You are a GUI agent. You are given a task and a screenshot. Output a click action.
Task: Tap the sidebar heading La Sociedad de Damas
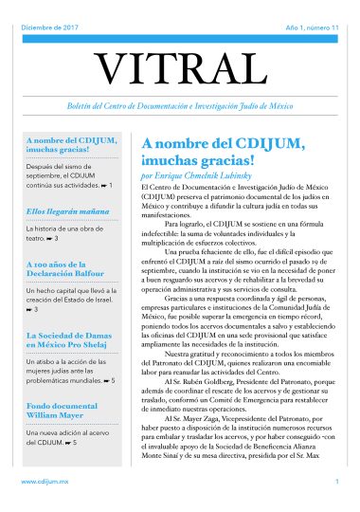point(71,339)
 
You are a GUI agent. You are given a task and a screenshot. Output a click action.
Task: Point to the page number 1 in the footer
point(336,483)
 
